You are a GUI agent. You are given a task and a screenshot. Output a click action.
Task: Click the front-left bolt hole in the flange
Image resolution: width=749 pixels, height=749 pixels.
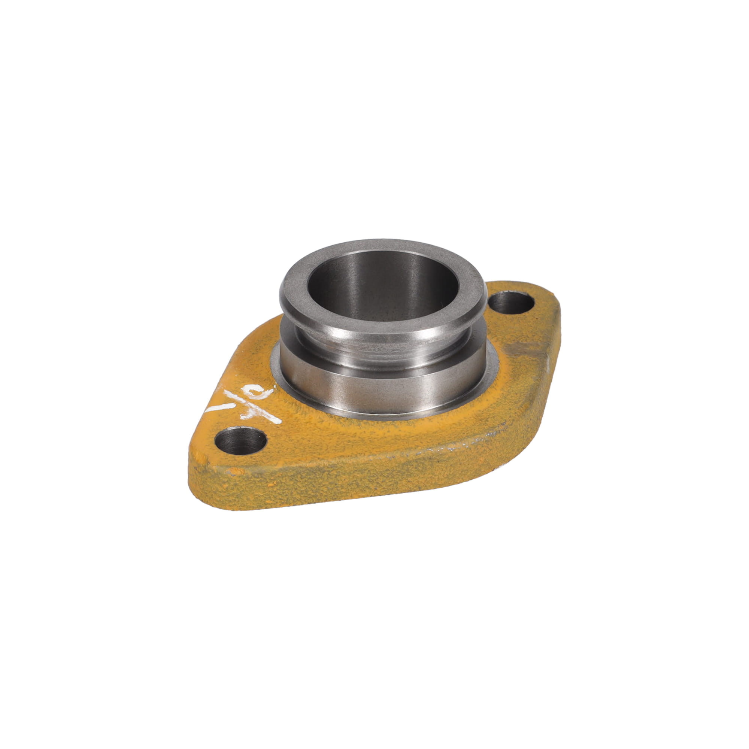click(x=240, y=441)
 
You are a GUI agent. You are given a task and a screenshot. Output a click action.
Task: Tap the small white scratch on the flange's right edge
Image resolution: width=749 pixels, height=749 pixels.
click(x=548, y=363)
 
